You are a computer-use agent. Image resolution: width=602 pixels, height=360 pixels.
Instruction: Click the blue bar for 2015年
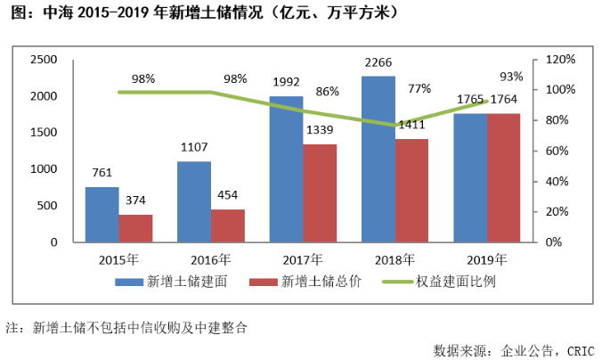102,215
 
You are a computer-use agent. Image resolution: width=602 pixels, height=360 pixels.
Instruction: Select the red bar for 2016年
227,225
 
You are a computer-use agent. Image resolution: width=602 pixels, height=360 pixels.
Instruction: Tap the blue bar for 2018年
378,159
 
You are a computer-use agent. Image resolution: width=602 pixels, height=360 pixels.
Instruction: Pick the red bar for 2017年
319,192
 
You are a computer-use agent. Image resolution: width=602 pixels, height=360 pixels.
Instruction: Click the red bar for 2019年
503,177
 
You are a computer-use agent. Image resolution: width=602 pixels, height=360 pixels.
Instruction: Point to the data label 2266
378,62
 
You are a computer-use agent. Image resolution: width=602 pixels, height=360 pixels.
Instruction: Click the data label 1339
319,130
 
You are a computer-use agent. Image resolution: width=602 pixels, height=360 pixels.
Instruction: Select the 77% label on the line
419,89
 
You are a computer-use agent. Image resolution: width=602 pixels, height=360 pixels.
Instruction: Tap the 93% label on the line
511,76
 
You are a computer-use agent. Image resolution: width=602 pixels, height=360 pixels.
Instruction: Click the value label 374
135,201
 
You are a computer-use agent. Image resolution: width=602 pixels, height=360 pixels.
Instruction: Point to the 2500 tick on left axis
44,60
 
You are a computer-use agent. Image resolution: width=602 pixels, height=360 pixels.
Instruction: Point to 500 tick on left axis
47,205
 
